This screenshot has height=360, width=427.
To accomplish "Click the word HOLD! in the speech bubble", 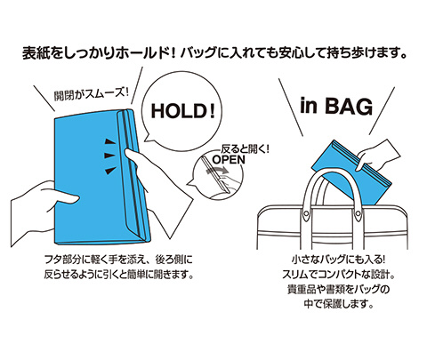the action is [182, 111].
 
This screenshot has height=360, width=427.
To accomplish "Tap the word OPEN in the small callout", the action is [229, 160].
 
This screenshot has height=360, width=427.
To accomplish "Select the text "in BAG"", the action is [336, 106].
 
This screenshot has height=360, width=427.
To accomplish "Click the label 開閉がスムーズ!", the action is [92, 94].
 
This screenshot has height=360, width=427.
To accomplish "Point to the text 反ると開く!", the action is [245, 149].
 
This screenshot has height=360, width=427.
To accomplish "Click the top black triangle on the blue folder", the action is [110, 142].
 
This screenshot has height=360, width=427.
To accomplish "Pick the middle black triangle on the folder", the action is [110, 156].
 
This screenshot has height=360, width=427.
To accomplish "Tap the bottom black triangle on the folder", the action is [110, 170].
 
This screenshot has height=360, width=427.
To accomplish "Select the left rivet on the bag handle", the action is [307, 212].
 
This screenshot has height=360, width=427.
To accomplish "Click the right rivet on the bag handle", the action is [358, 212].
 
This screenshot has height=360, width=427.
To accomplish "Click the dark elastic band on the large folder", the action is [133, 175].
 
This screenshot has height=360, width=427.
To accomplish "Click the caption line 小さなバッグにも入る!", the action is [338, 260].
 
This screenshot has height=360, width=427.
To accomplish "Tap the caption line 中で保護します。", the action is [338, 303].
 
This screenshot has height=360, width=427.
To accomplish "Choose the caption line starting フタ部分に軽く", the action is [118, 260].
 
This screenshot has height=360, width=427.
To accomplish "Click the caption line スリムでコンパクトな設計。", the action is [338, 275].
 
